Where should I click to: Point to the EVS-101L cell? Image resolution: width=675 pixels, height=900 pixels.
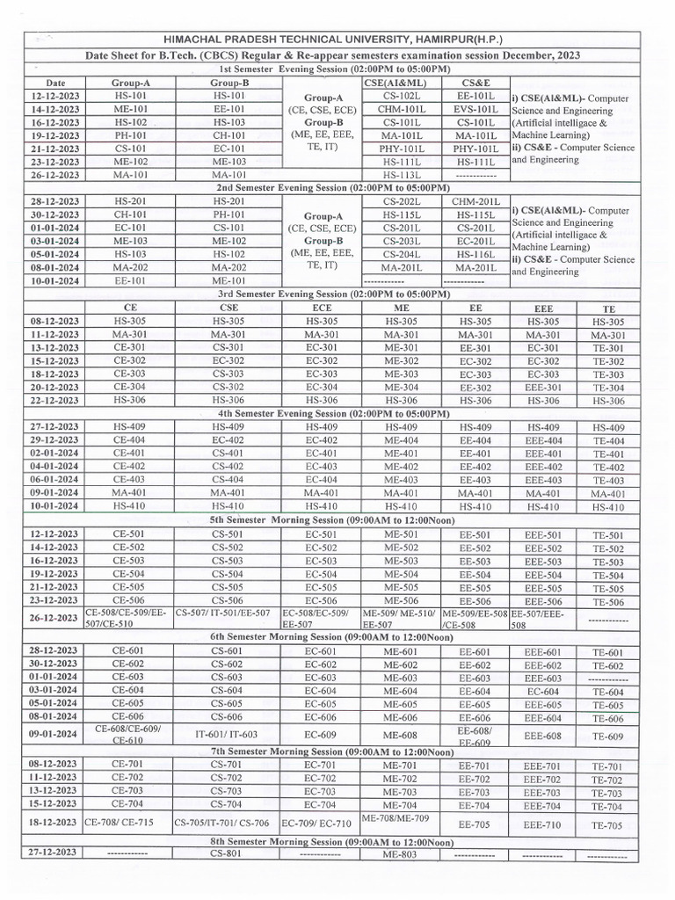476,109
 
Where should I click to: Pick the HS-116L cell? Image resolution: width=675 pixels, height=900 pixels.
476,254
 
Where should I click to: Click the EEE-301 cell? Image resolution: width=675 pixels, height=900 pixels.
542,387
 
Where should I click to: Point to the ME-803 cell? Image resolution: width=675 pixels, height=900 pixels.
400,853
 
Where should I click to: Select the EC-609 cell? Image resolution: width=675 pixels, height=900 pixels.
320,734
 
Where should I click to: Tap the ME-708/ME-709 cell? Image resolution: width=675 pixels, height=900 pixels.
396,818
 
